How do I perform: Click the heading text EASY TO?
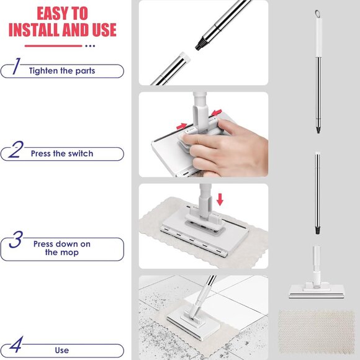[61, 13]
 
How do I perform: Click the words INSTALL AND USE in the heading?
[61, 30]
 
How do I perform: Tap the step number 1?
[17, 69]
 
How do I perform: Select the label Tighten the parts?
[62, 71]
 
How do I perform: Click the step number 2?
[17, 151]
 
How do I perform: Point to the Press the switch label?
[62, 153]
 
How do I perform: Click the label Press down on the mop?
[61, 248]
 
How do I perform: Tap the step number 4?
[17, 346]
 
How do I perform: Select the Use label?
[61, 350]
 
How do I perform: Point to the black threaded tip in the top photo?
[201, 44]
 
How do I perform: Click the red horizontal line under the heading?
[53, 45]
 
